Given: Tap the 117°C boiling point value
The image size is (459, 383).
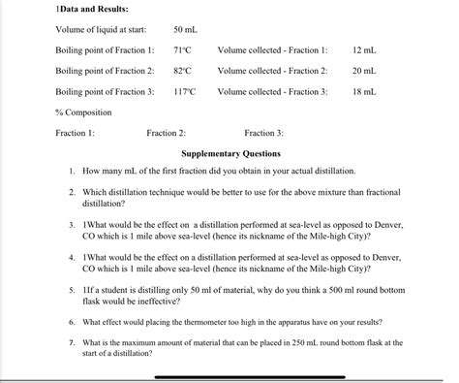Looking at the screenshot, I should tap(184, 92).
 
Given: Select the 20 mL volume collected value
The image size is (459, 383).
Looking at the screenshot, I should tap(363, 71).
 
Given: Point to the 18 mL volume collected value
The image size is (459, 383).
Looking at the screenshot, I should tap(363, 92).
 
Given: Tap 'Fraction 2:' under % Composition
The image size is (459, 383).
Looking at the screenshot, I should tap(166, 134).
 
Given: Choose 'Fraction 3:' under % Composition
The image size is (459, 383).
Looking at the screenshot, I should tap(263, 134).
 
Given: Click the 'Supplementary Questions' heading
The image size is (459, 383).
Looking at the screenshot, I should tap(231, 153).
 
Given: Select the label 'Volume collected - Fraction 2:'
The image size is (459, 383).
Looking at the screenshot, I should tap(272, 71).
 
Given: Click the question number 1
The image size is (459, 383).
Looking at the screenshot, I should tap(74, 171).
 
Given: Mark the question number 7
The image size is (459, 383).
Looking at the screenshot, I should tap(73, 342).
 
